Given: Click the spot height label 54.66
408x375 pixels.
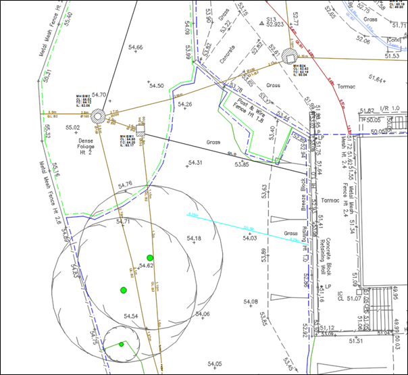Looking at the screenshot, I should (x=135, y=47).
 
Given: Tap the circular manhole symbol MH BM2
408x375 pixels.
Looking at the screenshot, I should (x=97, y=116).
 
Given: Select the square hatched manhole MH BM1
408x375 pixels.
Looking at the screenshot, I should (x=141, y=128).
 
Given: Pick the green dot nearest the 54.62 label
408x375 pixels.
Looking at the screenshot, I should (x=150, y=257).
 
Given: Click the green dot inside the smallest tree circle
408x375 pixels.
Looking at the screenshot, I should (x=122, y=344).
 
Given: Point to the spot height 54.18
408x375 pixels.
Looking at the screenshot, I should (x=194, y=239).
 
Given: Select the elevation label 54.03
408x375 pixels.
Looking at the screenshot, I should (x=250, y=238).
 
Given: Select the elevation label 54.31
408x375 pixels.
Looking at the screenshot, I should (x=196, y=163).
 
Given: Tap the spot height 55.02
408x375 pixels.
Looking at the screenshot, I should (x=73, y=127).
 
